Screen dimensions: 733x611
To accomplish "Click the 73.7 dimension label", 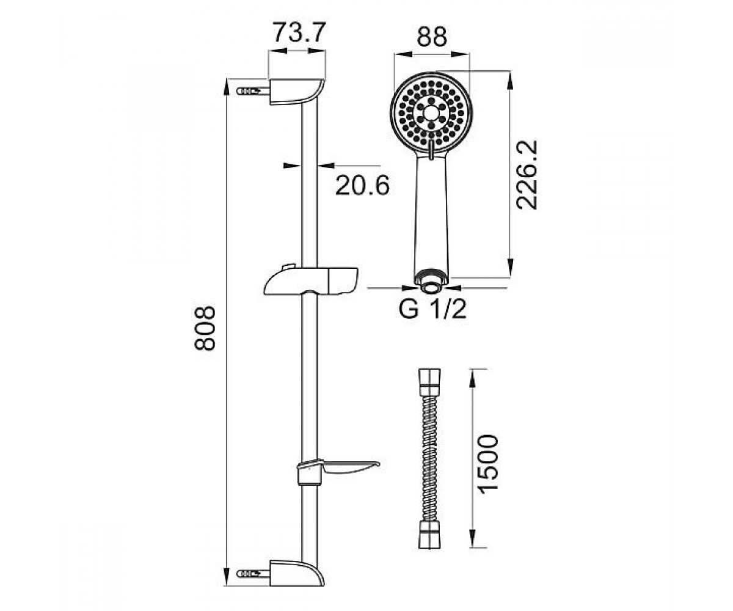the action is pos(299,32).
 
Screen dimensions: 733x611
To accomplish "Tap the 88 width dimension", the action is pos(432,36).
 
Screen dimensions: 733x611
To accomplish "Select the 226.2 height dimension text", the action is pos(527,175).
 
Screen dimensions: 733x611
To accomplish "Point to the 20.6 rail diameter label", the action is pos(362,185).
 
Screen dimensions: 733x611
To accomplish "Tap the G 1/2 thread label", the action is pos(432,309).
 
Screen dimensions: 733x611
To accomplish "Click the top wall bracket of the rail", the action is pos(297,92).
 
